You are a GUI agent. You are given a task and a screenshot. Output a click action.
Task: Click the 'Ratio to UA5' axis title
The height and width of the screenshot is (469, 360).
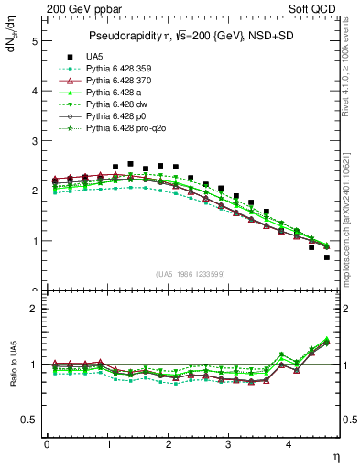pyautogui.click(x=14, y=376)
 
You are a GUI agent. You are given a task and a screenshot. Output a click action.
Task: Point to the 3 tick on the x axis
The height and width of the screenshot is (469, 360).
pyautogui.click(x=228, y=444)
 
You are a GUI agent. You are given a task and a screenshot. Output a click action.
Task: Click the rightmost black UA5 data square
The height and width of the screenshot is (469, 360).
pyautogui.click(x=327, y=257)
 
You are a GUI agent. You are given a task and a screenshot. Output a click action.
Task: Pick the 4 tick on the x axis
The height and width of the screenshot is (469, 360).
pyautogui.click(x=289, y=444)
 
